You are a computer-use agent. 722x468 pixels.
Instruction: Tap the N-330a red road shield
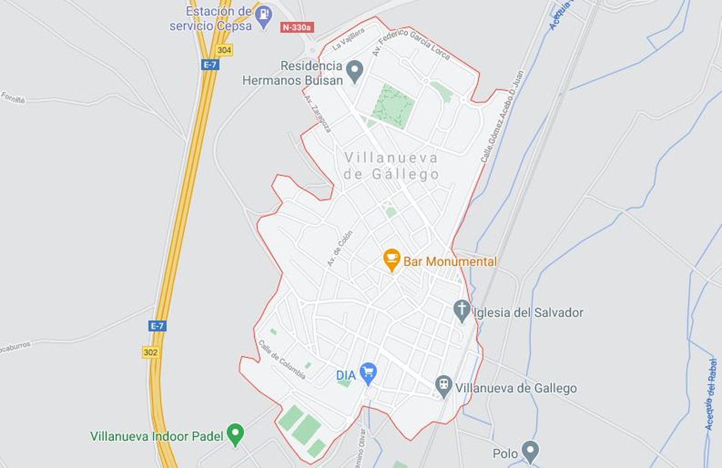pyautogui.click(x=296, y=28)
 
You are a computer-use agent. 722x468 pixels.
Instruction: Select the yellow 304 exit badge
pyautogui.click(x=224, y=50)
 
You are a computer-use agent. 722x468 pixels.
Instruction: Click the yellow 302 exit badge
pyautogui.click(x=151, y=352)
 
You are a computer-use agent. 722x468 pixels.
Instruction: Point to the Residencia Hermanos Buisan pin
pyautogui.click(x=355, y=71)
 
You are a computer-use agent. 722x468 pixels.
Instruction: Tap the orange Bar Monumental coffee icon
pyautogui.click(x=391, y=259)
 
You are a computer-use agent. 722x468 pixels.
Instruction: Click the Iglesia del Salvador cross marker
pyautogui.click(x=461, y=310)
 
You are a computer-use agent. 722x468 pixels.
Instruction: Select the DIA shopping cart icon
pyautogui.click(x=368, y=373)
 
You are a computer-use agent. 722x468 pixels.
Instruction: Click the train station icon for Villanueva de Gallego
pyautogui.click(x=444, y=386)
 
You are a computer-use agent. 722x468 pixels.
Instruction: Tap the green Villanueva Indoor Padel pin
pyautogui.click(x=235, y=433)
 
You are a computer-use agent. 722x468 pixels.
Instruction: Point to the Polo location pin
pyautogui.click(x=530, y=451)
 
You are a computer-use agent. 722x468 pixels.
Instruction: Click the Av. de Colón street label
pyautogui.click(x=340, y=248)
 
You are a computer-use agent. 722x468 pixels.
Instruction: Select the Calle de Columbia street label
pyautogui.click(x=282, y=360)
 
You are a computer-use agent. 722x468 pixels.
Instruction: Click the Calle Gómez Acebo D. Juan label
pyautogui.click(x=502, y=116)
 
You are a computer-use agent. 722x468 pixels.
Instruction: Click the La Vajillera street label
pyautogui.click(x=348, y=39)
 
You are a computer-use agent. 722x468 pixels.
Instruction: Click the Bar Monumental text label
pyautogui.click(x=450, y=262)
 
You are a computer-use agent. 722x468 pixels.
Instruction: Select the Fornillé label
pyautogui.click(x=13, y=98)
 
